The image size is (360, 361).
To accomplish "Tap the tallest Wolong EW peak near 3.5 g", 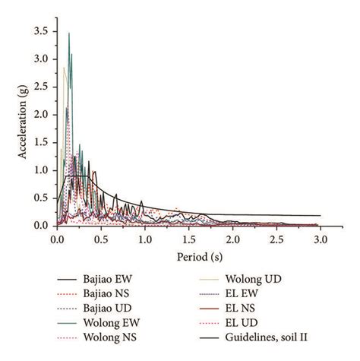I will tap(69, 33).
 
